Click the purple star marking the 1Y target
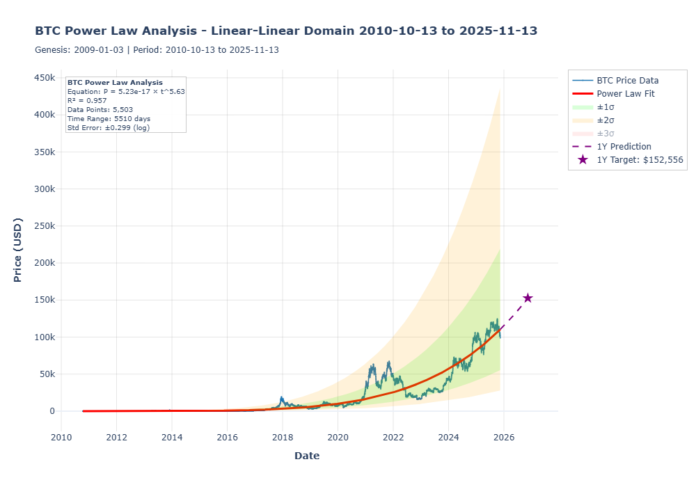(528, 298)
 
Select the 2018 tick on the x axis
(283, 438)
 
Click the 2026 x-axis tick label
(504, 438)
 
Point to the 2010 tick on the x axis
(61, 438)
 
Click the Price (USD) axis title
(18, 250)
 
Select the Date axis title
(307, 456)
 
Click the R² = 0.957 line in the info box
(87, 100)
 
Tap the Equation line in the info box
(126, 91)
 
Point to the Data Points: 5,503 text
(100, 109)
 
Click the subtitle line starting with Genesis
(157, 50)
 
